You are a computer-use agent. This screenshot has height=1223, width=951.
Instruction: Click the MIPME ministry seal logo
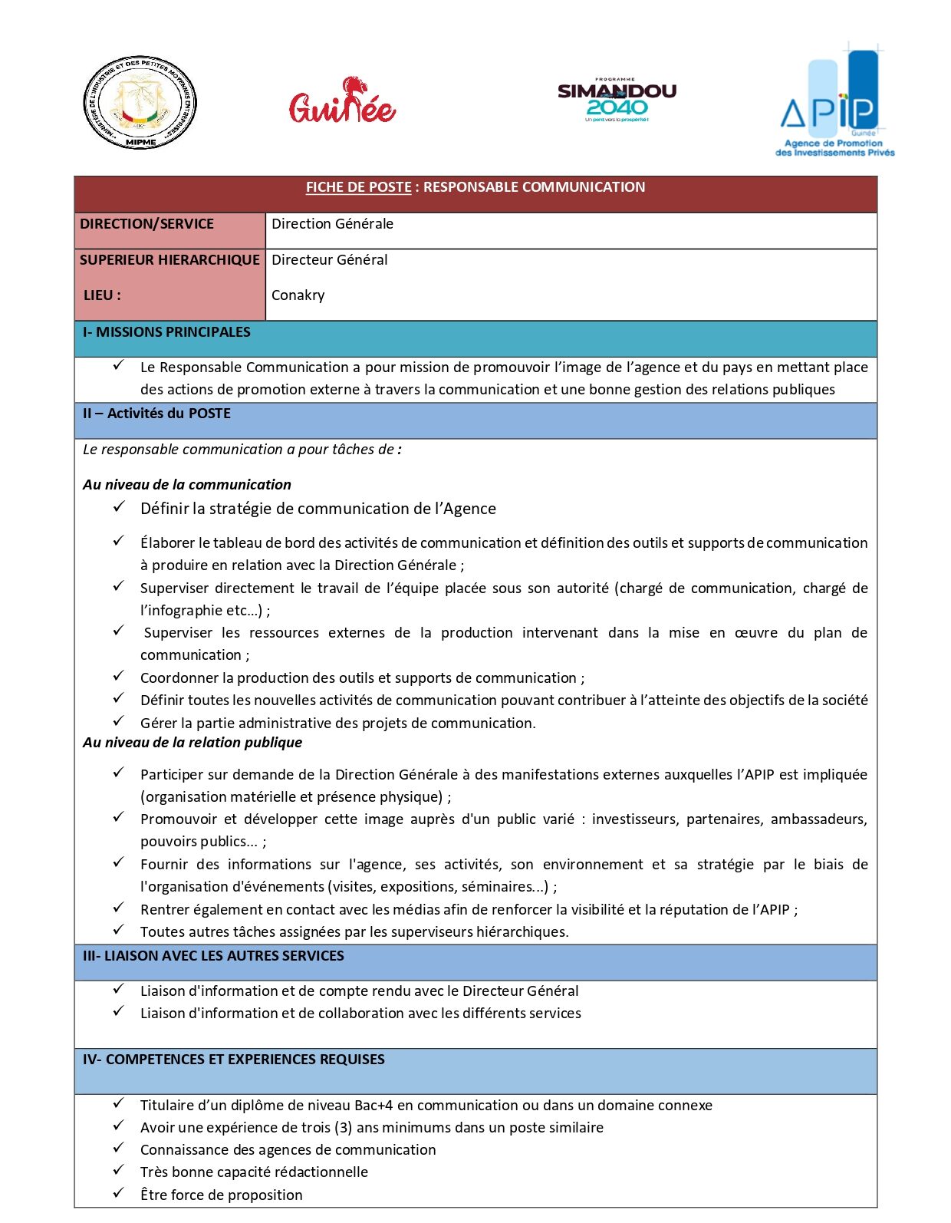pos(140,102)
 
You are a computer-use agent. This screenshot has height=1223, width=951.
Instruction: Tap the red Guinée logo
pos(342,101)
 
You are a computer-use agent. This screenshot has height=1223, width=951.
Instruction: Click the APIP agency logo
pos(834,101)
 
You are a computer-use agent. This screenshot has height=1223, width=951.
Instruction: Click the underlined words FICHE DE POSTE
pos(358,187)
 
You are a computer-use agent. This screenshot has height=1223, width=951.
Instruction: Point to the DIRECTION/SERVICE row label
pos(146,224)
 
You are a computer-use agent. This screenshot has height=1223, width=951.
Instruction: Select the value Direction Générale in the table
pos(332,224)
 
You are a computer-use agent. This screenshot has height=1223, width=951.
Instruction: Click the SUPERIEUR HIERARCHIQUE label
pos(169,260)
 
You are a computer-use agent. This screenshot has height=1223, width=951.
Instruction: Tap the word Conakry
pos(298,295)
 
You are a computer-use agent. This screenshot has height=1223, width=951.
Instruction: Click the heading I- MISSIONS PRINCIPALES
pos(166,332)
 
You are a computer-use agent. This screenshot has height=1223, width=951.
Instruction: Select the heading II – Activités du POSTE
pos(156,414)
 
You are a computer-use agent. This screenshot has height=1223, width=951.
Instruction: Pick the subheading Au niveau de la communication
pos(187,485)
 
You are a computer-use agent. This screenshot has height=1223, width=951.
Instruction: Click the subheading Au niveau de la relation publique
pos(193,743)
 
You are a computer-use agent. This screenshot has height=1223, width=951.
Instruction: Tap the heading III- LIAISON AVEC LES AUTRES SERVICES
pos(213,956)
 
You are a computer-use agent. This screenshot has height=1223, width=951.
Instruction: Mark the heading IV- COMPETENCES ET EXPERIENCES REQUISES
pos(234,1060)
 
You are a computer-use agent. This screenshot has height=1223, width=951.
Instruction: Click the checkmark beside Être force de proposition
pos(118,1193)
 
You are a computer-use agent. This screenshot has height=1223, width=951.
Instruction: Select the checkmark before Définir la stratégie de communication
pos(118,506)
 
